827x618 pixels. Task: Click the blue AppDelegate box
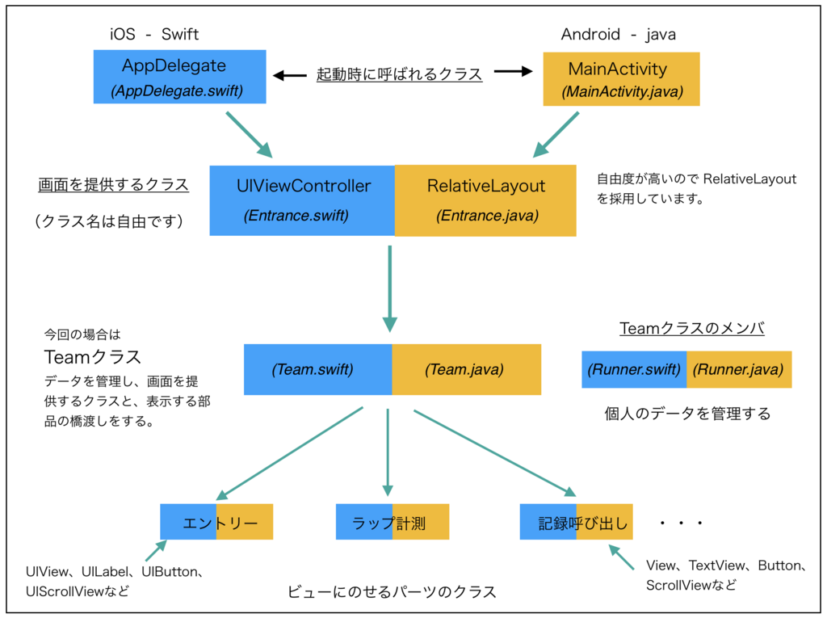point(179,77)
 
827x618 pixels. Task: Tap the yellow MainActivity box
point(621,79)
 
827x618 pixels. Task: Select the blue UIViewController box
point(303,200)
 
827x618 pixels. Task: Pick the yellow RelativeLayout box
point(485,200)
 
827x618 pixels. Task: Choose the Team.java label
point(465,369)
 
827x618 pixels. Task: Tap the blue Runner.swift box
point(634,369)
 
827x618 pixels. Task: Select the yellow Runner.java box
point(738,369)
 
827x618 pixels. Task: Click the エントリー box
point(216,522)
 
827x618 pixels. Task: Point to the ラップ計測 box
point(392,522)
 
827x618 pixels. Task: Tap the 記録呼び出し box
point(576,522)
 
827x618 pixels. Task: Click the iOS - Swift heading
point(154,34)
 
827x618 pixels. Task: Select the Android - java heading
point(619,34)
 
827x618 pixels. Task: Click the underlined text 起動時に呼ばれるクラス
point(399,74)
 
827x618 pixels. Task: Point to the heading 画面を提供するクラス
point(113,185)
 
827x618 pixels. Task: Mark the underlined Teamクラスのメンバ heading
point(692,328)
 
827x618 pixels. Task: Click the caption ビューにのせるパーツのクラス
point(392,592)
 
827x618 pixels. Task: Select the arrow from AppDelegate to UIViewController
point(249,134)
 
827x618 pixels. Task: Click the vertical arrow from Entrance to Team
point(389,288)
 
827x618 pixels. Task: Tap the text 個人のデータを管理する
point(687,414)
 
